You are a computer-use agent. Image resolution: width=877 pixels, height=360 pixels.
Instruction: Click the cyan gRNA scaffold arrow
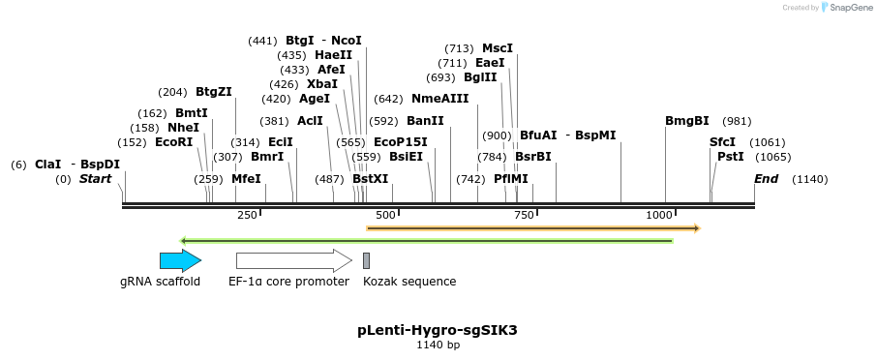[180, 259]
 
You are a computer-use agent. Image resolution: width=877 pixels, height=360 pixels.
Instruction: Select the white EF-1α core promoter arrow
[293, 259]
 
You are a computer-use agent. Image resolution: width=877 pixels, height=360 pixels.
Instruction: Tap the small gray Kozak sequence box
[366, 259]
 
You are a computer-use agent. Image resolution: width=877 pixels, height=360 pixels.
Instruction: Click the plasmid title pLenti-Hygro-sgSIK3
[438, 330]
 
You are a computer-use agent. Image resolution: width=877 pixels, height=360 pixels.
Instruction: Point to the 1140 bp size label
[438, 345]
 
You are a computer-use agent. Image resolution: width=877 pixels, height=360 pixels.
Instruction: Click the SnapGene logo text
[848, 8]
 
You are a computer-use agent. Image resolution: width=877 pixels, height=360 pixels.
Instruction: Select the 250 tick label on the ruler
[247, 215]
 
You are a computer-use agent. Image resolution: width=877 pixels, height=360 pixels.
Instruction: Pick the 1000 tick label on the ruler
[661, 215]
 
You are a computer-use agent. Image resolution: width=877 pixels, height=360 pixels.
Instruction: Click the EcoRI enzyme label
[174, 142]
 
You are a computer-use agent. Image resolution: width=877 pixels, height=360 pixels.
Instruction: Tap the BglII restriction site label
[480, 78]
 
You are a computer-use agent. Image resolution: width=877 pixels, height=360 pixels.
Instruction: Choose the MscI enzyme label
[498, 48]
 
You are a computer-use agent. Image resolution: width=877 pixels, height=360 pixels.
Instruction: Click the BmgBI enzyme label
[686, 121]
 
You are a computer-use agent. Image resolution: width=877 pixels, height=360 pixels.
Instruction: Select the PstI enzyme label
[730, 157]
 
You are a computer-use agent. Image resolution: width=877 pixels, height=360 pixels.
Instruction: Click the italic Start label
[95, 179]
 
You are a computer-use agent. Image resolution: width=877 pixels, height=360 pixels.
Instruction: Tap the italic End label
[766, 179]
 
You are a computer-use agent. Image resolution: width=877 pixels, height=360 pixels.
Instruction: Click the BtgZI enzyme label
[214, 92]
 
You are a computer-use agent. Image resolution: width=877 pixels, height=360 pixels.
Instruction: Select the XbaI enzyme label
[322, 84]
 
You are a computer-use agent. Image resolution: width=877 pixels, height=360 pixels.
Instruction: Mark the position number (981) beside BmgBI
[737, 121]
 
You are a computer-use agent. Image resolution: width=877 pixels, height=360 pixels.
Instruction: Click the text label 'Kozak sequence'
[409, 282]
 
